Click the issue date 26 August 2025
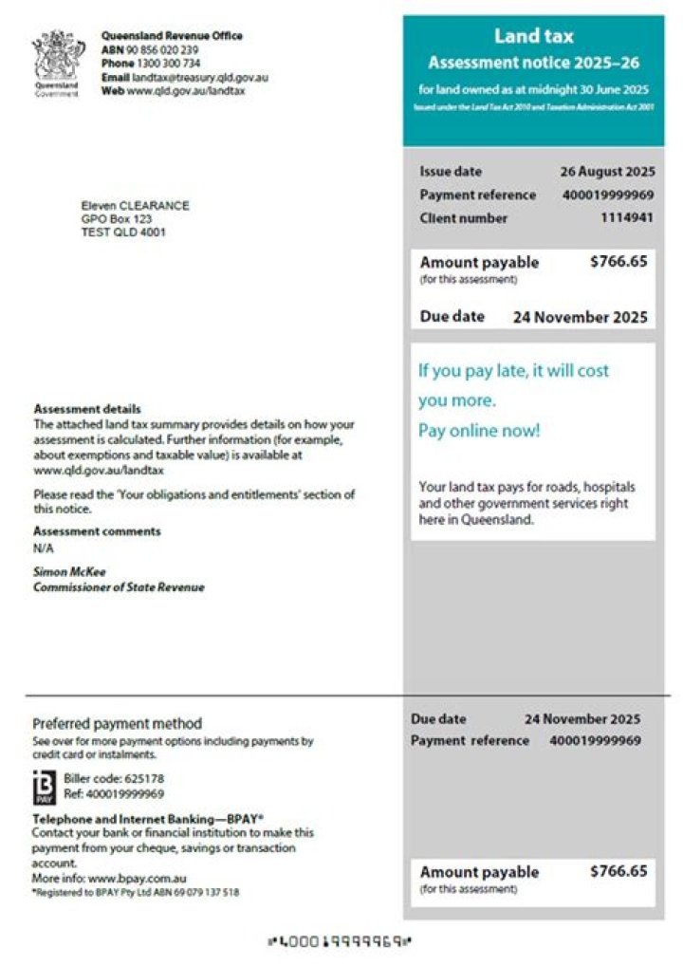tap(607, 172)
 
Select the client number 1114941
tap(626, 218)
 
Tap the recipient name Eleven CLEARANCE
tap(135, 206)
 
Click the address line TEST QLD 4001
tap(123, 232)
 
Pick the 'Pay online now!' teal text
tap(479, 431)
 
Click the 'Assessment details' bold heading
tap(87, 410)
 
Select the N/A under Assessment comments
tap(43, 548)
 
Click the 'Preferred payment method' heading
tap(117, 724)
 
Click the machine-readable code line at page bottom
tap(341, 942)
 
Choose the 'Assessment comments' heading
tap(97, 531)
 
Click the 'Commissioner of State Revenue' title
tap(119, 587)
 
